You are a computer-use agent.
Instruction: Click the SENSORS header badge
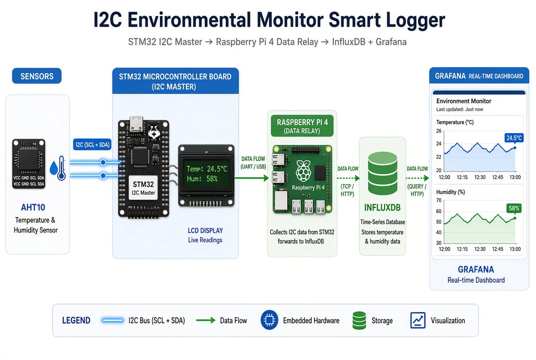point(37,76)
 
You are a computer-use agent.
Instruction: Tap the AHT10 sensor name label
point(33,208)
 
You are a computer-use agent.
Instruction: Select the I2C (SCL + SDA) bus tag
point(93,145)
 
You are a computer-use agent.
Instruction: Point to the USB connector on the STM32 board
point(136,124)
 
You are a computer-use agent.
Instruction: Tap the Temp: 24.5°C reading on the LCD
point(207,169)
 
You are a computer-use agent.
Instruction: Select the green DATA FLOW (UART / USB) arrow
point(252,178)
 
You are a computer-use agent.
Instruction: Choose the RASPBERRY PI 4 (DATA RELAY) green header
point(302,126)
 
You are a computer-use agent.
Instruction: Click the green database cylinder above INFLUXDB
point(383,174)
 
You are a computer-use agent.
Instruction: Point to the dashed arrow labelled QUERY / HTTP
point(418,178)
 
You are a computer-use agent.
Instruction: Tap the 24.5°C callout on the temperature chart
point(514,138)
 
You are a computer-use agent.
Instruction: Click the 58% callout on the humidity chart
point(514,208)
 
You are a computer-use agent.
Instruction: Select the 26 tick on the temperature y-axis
point(439,131)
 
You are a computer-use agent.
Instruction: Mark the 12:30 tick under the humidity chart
point(480,249)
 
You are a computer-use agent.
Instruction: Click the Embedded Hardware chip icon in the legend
point(269,321)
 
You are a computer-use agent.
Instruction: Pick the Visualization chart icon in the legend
point(418,321)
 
